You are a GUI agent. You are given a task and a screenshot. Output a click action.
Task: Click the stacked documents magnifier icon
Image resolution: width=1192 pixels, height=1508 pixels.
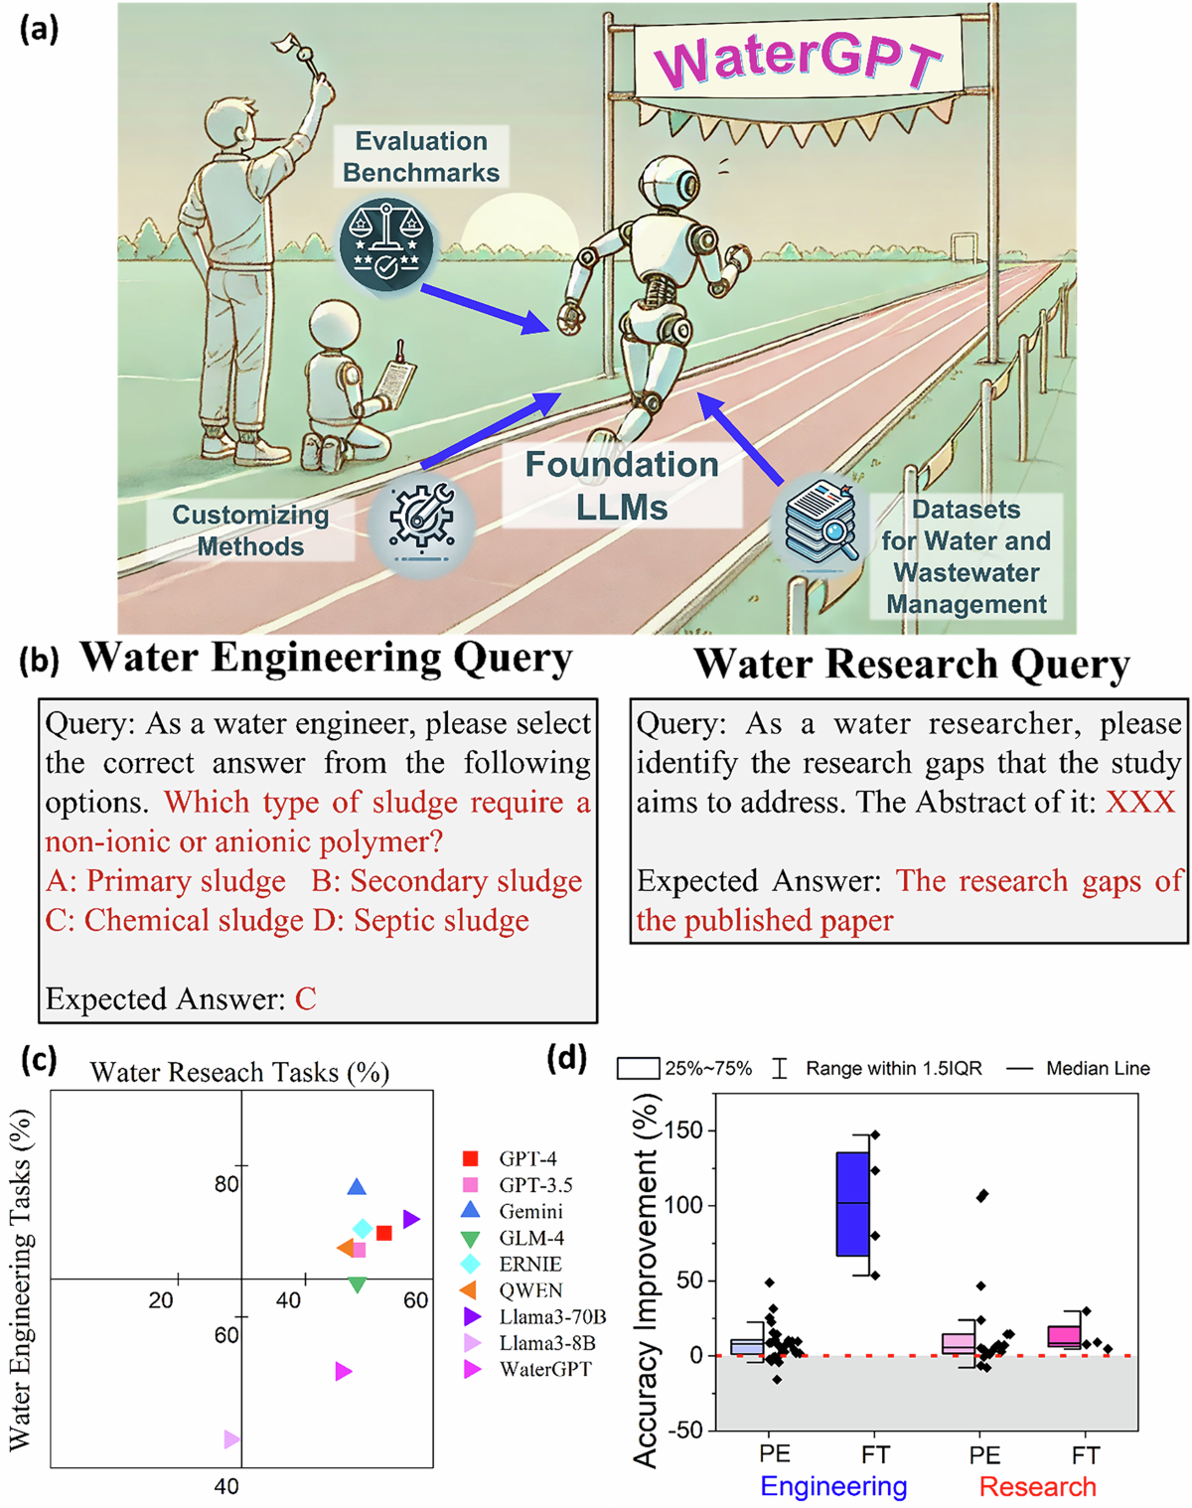(820, 521)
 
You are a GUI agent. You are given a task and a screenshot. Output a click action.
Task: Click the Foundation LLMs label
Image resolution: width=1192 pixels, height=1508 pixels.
(622, 486)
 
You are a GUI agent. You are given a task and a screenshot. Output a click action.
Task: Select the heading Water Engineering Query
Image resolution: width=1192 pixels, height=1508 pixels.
(326, 659)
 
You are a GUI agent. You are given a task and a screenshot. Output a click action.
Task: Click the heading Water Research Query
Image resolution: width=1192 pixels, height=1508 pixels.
(911, 665)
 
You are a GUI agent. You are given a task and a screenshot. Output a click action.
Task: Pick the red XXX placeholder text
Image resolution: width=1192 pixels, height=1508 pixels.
(1140, 803)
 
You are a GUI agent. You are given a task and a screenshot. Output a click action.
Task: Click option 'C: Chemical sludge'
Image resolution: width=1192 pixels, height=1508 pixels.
(175, 921)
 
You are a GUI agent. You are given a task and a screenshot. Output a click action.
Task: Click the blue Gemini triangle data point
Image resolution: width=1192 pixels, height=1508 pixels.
(358, 1187)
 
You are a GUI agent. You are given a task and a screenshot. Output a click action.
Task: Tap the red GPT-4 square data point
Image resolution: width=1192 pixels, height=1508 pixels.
(384, 1233)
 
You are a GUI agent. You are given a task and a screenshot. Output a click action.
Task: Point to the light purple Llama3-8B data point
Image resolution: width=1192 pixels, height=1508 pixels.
(231, 1439)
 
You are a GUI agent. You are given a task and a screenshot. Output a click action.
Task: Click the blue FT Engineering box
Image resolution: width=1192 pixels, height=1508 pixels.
(852, 1203)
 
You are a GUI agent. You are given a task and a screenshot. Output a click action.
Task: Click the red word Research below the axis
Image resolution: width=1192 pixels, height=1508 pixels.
(1037, 1487)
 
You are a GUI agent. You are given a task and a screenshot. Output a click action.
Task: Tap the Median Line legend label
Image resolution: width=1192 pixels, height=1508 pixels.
(1098, 1069)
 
